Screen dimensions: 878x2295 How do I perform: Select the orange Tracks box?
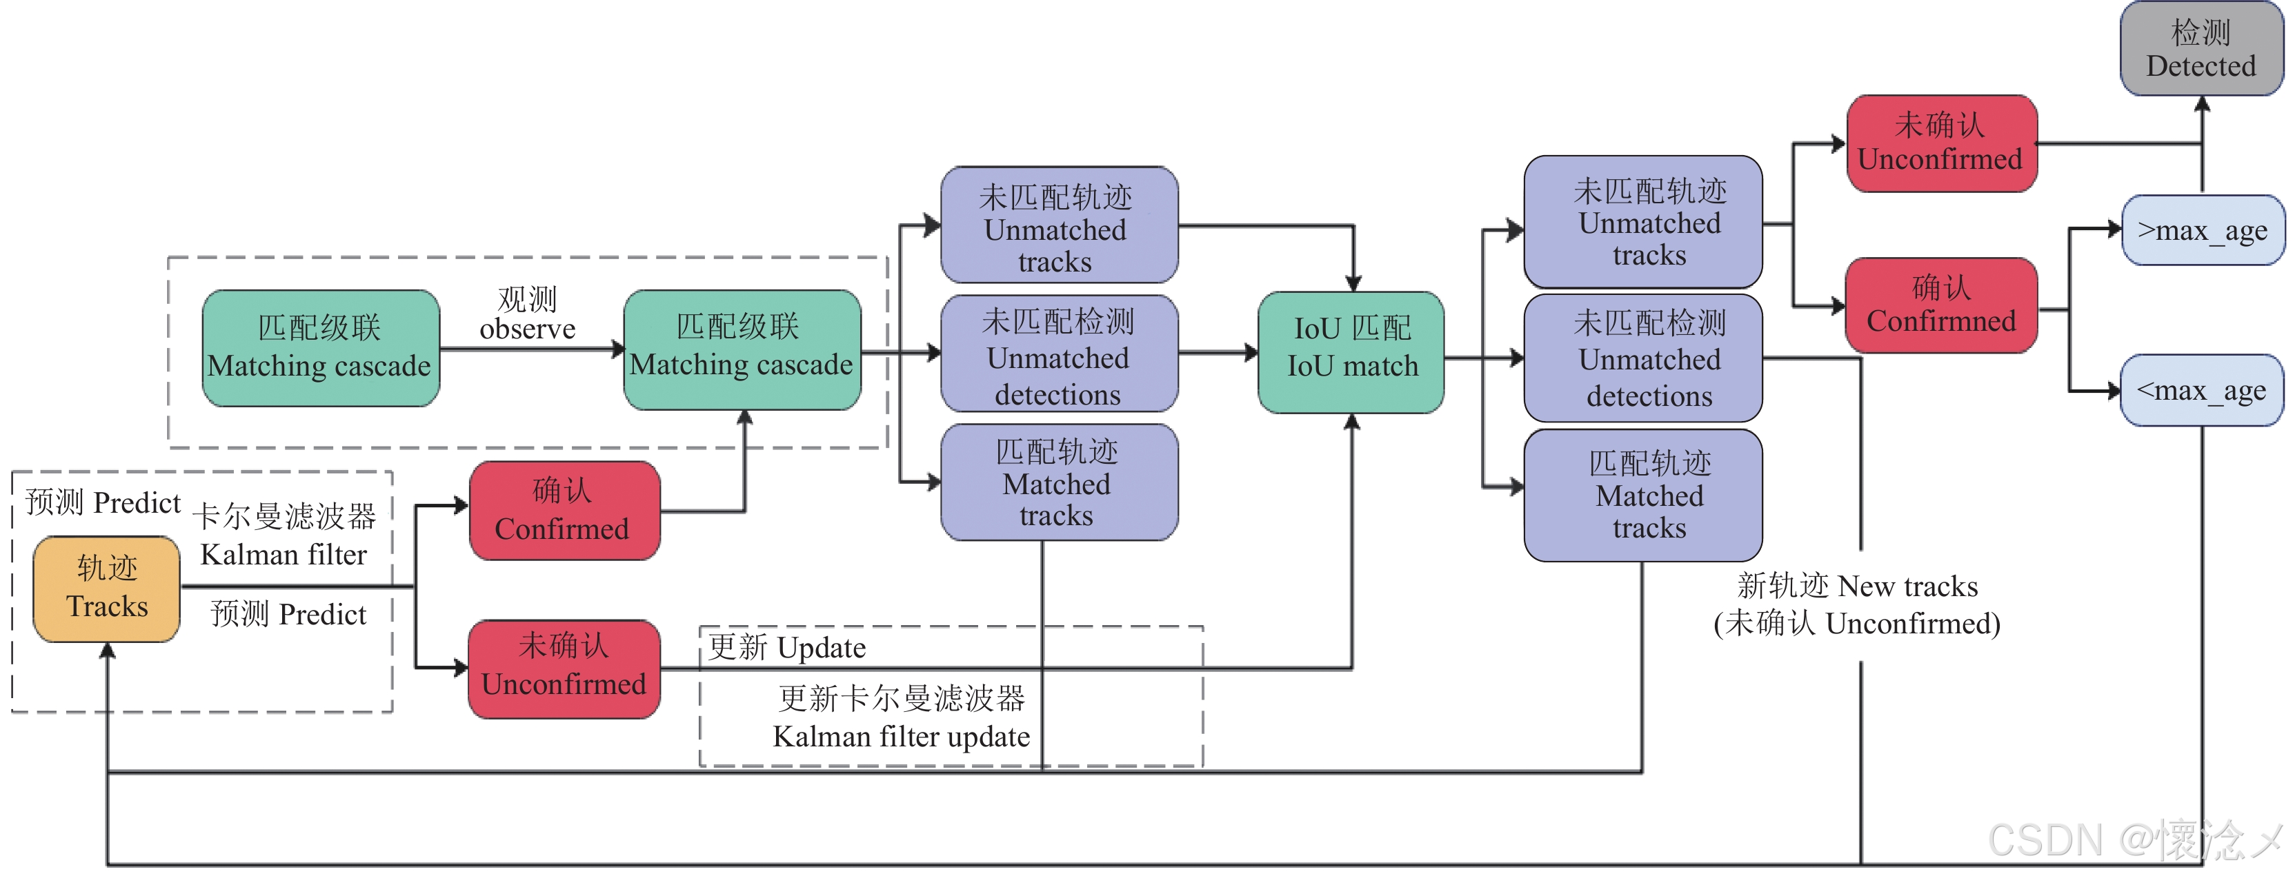(107, 589)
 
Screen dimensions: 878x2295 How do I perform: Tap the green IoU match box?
(1351, 351)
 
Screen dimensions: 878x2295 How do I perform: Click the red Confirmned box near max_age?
(1940, 305)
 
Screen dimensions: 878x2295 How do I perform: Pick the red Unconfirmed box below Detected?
(1940, 143)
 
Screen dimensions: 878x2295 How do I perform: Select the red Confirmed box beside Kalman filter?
(564, 510)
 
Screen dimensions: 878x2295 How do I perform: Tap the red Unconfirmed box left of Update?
(564, 668)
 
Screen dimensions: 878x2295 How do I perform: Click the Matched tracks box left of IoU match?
(1058, 482)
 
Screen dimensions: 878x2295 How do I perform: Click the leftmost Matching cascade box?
(321, 348)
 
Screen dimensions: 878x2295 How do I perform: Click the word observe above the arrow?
(528, 329)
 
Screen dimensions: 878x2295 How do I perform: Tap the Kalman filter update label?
(901, 737)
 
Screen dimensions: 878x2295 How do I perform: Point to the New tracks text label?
(1858, 586)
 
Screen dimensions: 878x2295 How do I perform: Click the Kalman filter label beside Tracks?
(284, 555)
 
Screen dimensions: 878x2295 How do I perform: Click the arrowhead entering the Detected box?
(2201, 103)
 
